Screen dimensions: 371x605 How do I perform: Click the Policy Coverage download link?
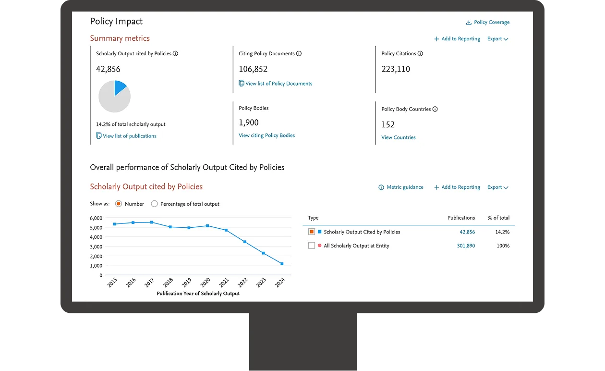pos(488,22)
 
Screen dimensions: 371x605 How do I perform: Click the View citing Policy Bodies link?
pos(266,136)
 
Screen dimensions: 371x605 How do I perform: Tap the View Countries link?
pos(398,137)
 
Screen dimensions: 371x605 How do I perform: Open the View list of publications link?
pos(129,136)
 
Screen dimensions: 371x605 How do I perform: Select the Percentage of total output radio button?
pos(154,204)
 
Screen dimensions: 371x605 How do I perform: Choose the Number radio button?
pos(119,204)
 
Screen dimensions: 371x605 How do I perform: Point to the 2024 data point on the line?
pos(282,264)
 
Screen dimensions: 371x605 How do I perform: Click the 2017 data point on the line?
pos(152,223)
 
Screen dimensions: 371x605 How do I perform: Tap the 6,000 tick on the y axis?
pos(96,218)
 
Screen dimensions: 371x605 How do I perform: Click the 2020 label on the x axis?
pos(205,283)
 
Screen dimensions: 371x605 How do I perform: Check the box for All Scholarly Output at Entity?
pos(312,246)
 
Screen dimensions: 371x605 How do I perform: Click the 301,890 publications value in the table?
pos(466,246)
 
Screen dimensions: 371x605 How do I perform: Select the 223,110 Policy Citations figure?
pos(396,69)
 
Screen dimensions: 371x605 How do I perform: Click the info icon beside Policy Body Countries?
pos(435,109)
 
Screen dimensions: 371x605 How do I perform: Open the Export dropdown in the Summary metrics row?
pos(497,39)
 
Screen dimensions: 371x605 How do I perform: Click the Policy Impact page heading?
pos(116,21)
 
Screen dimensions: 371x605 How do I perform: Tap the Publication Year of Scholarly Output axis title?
pos(198,294)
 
